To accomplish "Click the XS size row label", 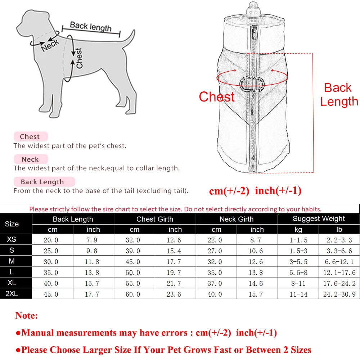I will point(12,239).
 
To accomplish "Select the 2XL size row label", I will point(12,294).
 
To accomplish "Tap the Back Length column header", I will point(73,219).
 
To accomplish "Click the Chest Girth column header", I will point(155,219).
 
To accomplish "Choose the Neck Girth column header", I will point(237,219).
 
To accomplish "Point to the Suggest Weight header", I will point(319,219).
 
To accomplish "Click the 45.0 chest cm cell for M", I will point(132,262).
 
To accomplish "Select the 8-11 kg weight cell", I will point(298,283).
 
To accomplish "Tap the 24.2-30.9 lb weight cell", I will point(339,294).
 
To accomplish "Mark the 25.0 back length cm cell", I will point(51,251).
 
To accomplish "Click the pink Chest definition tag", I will point(30,137).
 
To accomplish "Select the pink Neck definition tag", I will point(30,159).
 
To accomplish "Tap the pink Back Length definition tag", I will point(42,182).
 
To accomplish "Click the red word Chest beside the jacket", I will point(217,97).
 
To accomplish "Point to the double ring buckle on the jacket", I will point(252,84).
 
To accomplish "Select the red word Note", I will point(26,316).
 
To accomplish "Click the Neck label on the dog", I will point(50,45).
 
